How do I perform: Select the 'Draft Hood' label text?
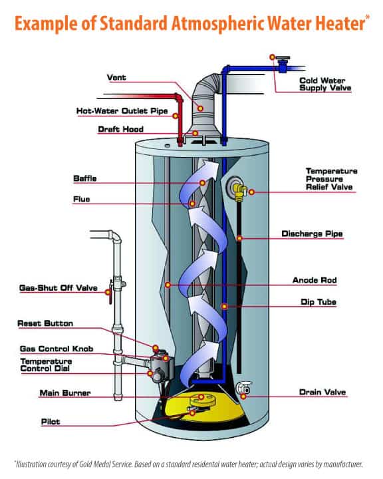tap(119, 129)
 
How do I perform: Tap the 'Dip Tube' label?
tap(319, 302)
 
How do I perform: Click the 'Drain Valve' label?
tap(320, 391)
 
